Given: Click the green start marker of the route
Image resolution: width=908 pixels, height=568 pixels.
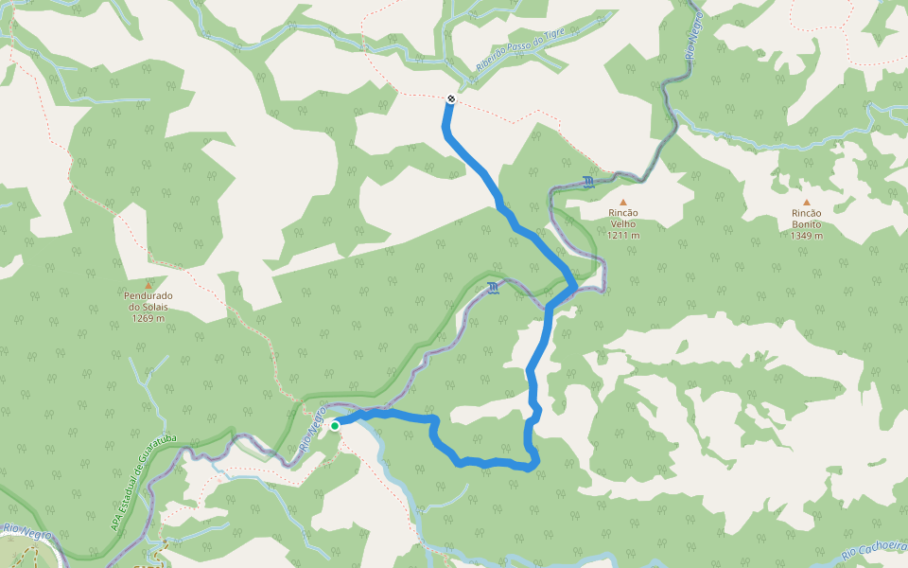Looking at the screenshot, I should (x=335, y=426).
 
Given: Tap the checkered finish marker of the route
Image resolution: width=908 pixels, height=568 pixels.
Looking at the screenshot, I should (x=450, y=98).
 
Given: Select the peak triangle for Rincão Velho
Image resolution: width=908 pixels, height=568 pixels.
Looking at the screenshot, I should (x=623, y=202).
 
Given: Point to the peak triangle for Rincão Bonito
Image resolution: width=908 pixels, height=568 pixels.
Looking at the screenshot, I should (x=807, y=202).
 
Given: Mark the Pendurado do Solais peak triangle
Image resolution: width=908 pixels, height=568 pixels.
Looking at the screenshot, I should (x=148, y=284).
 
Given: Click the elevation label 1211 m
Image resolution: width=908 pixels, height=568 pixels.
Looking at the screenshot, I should (x=623, y=236).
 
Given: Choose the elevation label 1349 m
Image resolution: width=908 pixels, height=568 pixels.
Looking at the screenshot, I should (x=807, y=236).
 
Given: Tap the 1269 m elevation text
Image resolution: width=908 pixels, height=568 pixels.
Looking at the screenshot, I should (x=148, y=318).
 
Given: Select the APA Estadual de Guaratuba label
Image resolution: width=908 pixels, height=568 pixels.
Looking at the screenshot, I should (x=145, y=482).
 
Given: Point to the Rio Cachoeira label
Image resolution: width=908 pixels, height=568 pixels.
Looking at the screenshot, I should (x=874, y=548).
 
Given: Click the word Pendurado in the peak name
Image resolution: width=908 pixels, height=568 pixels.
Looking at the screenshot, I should (x=148, y=295).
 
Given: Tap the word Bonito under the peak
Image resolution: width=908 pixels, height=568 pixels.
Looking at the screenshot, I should (x=807, y=224).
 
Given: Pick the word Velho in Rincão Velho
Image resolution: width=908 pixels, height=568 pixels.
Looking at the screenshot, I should (x=623, y=224).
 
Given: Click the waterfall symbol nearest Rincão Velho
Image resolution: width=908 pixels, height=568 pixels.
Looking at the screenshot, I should (x=589, y=182).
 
